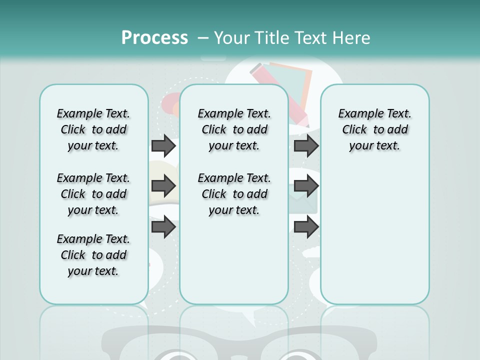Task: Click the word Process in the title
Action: click(x=154, y=37)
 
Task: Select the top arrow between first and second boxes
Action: click(x=163, y=145)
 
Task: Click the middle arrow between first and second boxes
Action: click(x=163, y=186)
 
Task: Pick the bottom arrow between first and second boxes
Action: click(x=163, y=227)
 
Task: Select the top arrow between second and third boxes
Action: click(x=306, y=145)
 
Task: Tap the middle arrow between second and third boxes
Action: click(x=306, y=186)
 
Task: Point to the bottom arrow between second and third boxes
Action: click(x=306, y=227)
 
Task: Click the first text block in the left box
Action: click(x=93, y=129)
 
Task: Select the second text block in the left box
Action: click(x=93, y=194)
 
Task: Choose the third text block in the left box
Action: click(x=93, y=255)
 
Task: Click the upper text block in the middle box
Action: click(x=234, y=129)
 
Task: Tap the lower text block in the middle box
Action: click(x=234, y=194)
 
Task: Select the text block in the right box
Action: click(x=374, y=129)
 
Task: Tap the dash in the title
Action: click(x=203, y=37)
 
